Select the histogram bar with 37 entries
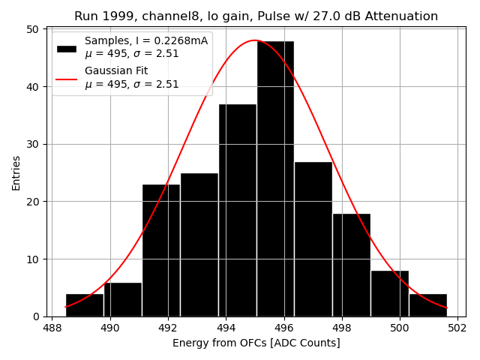[237, 210]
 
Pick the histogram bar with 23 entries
[161, 250]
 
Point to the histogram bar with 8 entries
[389, 293]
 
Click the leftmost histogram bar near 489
[85, 304]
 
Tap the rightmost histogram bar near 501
[427, 304]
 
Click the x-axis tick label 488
[52, 328]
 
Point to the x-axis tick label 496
[283, 328]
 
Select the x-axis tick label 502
[457, 328]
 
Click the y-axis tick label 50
[33, 29]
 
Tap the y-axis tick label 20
[33, 202]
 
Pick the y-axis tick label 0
[36, 316]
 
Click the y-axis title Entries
[16, 172]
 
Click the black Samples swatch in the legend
[67, 48]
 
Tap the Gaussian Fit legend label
[116, 71]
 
